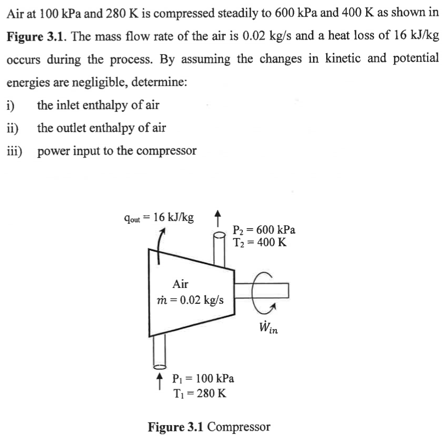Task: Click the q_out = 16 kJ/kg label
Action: tap(158, 217)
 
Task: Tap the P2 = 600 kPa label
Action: tap(264, 230)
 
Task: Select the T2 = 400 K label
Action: tap(259, 242)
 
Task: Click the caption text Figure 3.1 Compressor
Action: tap(209, 426)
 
